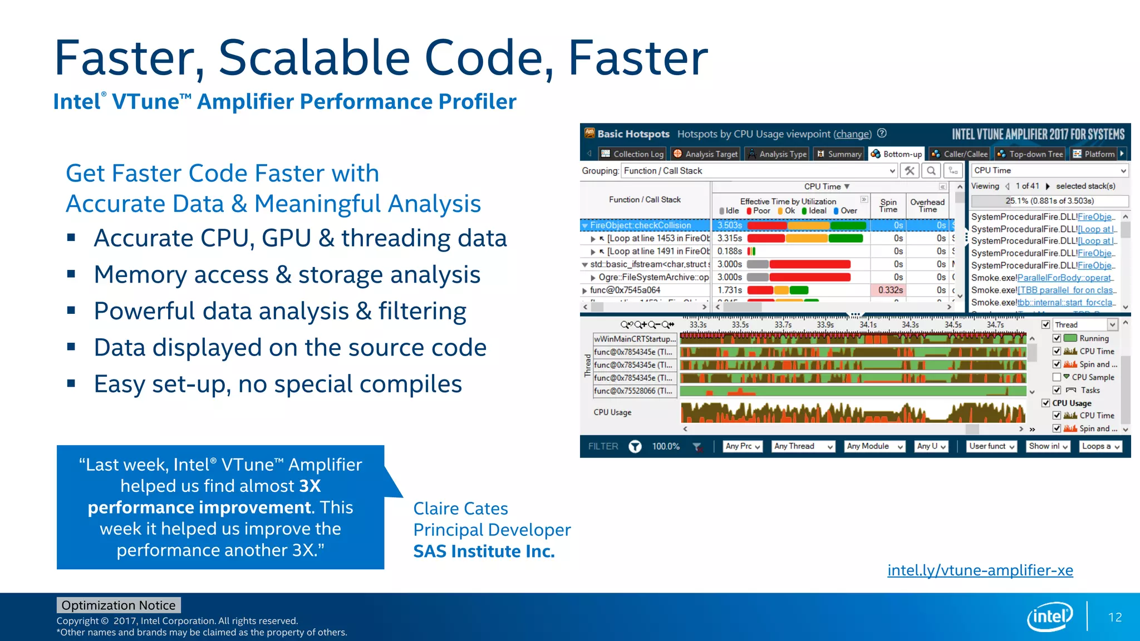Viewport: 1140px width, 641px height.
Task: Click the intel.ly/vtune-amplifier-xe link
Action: point(980,570)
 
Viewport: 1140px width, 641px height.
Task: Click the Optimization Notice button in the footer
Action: point(118,605)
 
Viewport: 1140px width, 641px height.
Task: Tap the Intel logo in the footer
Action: point(1050,617)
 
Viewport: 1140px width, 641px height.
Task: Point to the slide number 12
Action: point(1115,618)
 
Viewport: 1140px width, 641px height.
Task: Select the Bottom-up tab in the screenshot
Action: point(896,154)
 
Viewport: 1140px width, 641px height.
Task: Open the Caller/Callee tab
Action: point(960,154)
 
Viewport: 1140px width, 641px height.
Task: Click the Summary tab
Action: point(839,154)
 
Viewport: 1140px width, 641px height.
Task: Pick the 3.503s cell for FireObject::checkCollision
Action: point(729,225)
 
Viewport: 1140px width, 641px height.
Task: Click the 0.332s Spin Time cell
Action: point(890,290)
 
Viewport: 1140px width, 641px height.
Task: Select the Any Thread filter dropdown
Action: point(803,446)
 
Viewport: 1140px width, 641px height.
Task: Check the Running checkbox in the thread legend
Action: point(1057,338)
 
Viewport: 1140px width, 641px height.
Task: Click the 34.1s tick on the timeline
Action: point(868,325)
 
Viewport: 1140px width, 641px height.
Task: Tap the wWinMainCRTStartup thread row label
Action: point(635,339)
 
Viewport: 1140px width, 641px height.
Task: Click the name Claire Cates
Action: point(460,509)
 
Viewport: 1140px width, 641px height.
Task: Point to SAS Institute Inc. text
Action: point(484,551)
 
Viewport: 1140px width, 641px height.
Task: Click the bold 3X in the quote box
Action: point(310,486)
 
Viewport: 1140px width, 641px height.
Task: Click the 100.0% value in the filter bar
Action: point(666,446)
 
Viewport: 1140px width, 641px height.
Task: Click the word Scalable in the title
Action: point(314,58)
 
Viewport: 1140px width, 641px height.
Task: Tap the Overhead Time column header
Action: point(927,205)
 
